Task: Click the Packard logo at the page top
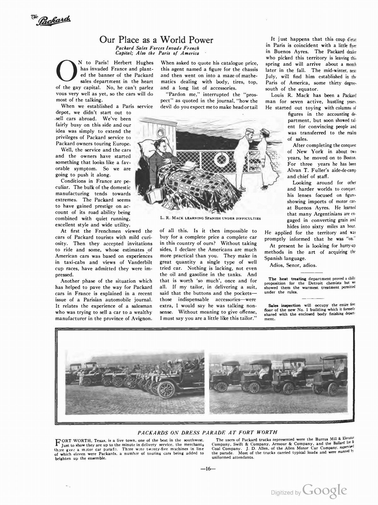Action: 51,21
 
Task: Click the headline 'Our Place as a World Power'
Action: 156,40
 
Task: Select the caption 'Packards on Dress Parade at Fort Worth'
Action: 207,432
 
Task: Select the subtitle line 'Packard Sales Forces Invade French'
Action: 157,48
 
